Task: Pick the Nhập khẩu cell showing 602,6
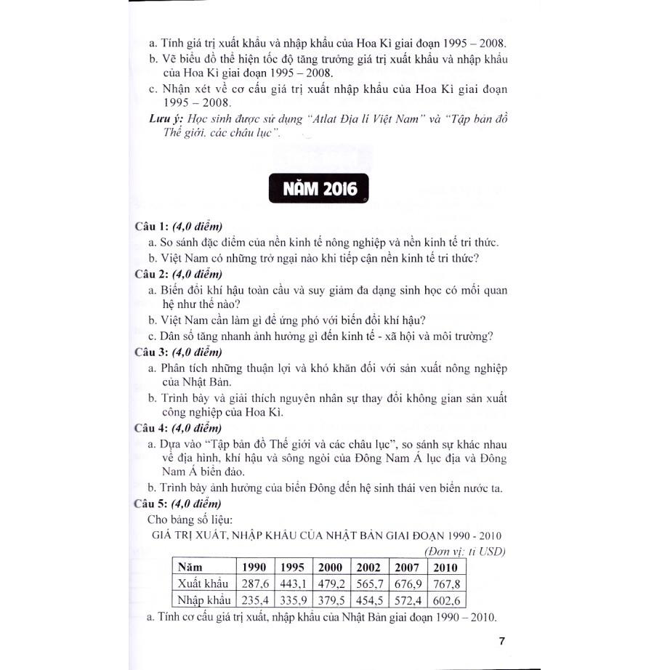[445, 600]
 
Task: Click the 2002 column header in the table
[368, 567]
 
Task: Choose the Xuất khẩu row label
[203, 584]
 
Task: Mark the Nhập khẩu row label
[203, 600]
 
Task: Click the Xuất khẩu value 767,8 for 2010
[445, 584]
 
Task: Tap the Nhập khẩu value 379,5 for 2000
[331, 600]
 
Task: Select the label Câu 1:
[152, 227]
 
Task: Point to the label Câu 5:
[152, 503]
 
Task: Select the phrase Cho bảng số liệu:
[190, 520]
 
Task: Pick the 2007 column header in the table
[408, 567]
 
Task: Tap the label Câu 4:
[152, 427]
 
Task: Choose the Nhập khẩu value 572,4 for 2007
[408, 600]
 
